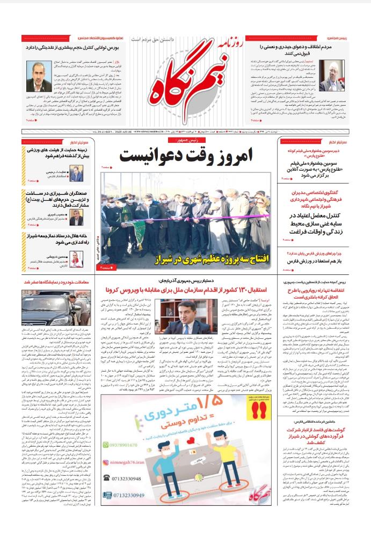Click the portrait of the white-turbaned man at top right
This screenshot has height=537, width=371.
[331, 75]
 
